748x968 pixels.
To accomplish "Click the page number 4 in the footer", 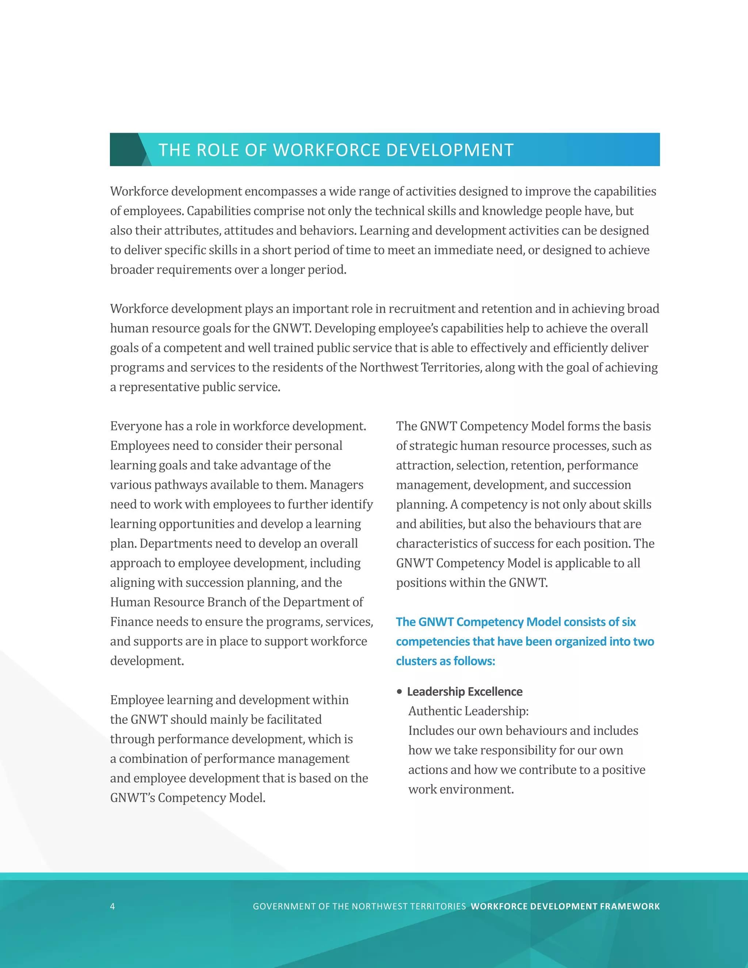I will [x=112, y=906].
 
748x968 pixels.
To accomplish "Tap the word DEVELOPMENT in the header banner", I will [x=450, y=150].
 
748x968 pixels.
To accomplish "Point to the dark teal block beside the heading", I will [x=125, y=149].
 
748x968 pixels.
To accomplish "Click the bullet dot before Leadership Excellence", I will [x=399, y=691].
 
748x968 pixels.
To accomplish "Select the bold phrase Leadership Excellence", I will [x=465, y=691].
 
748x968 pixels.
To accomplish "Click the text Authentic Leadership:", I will [x=468, y=711].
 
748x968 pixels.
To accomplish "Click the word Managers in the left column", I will [x=336, y=484].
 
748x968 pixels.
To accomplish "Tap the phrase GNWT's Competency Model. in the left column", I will [x=187, y=797].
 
